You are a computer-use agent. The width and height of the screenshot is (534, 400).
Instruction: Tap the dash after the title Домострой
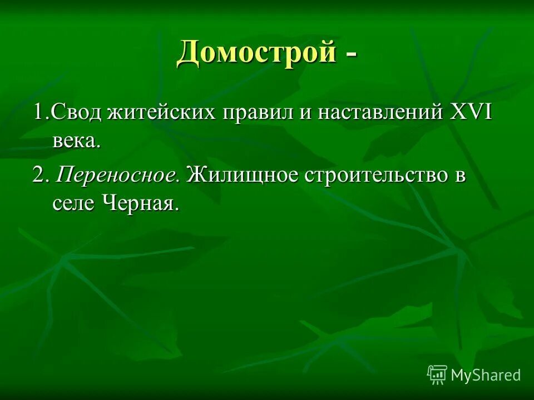coord(352,56)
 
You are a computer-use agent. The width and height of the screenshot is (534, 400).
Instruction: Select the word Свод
coord(75,113)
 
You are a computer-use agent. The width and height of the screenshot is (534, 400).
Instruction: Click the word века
coord(76,141)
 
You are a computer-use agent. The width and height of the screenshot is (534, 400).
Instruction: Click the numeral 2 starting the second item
coord(38,176)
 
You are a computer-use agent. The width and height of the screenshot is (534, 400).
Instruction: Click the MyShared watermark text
coord(486,375)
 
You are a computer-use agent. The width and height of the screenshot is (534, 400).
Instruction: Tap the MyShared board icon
coord(437,374)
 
